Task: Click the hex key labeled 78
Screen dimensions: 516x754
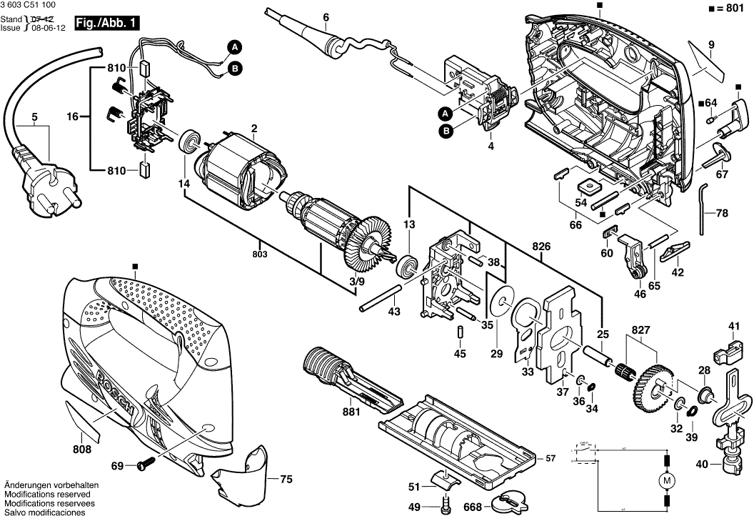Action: pyautogui.click(x=703, y=210)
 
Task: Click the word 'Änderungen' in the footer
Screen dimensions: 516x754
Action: pyautogui.click(x=26, y=485)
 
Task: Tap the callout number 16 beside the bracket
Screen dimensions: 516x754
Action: pyautogui.click(x=72, y=116)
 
